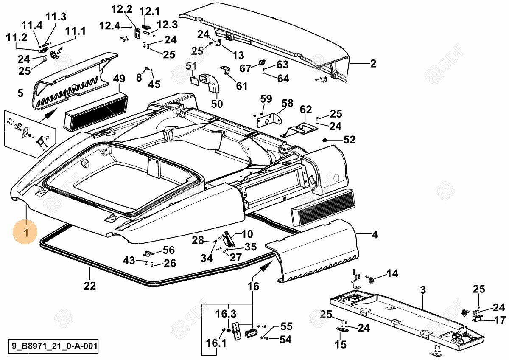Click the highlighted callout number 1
coord(25,233)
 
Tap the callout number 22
coord(89,286)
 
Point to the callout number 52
coord(349,140)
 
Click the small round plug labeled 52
coord(325,140)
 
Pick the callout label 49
coord(119,79)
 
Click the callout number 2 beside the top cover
coord(373,64)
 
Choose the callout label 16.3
coord(226,314)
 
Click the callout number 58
coord(287,103)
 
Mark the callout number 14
coord(392,273)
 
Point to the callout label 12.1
coord(148,10)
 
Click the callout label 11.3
coord(56,17)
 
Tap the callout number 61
coord(241,86)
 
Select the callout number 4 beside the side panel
coord(375,234)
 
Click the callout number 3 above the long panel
coord(422,290)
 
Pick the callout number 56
coord(169,250)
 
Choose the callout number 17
coord(500,320)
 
